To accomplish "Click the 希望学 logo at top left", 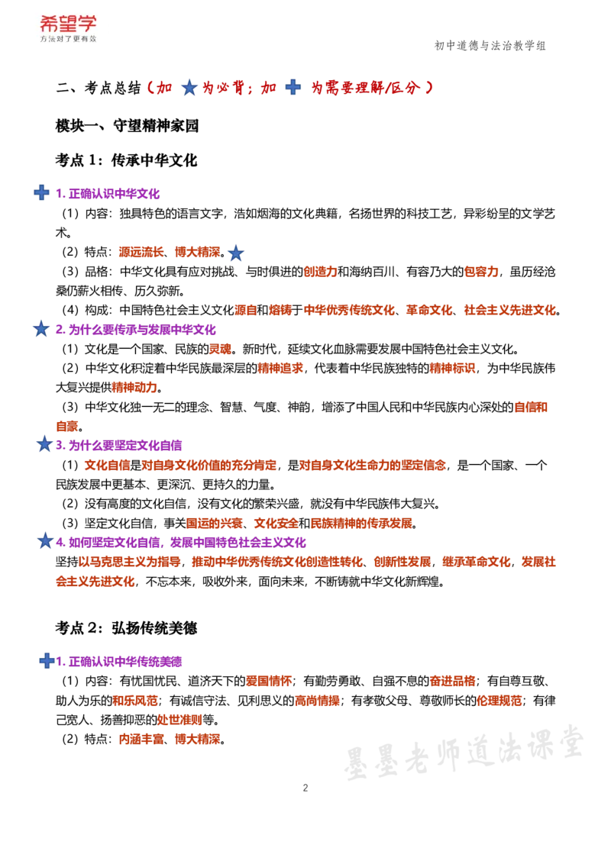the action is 68,28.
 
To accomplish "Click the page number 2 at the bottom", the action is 305,788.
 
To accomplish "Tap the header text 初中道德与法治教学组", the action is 490,46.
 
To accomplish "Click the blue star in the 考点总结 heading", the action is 189,87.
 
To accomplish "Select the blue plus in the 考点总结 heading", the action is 293,87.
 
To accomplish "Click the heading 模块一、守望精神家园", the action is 127,126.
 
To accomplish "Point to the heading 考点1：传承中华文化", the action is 126,160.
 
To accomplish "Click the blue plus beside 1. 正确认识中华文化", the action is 41,192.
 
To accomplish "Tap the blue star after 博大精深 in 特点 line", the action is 235,253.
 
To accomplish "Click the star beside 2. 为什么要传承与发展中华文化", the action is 41,329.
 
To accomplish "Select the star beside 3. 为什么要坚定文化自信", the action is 44,443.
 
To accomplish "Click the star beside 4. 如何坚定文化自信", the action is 44,540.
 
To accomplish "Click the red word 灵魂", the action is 220,349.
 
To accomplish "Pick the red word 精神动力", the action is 134,388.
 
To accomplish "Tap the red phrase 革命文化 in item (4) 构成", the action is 429,310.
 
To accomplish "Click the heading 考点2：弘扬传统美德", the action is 126,628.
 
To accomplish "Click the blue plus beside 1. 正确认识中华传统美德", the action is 47,660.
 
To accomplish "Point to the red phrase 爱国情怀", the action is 269,681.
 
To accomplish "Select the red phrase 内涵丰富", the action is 141,739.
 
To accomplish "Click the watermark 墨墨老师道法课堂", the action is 463,751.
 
